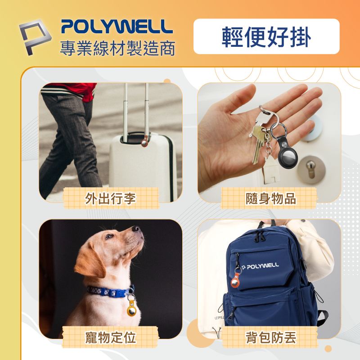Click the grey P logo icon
tap(35, 37)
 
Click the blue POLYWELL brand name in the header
tap(117, 27)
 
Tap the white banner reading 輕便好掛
tap(266, 36)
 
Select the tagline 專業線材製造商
tap(117, 48)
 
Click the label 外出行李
tap(110, 198)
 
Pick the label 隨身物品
tap(271, 198)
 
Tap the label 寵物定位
tap(110, 337)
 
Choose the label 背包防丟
tap(271, 337)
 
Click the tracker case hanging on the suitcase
tap(145, 141)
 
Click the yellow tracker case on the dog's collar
tap(132, 308)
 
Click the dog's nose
tap(136, 229)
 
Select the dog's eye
tap(108, 237)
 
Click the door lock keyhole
tap(310, 170)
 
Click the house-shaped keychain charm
tap(272, 171)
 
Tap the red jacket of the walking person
tap(76, 90)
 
